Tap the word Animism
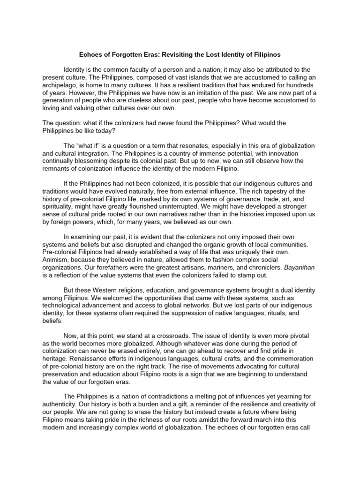pyautogui.click(x=56, y=252)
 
